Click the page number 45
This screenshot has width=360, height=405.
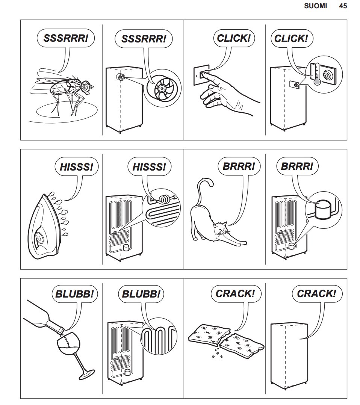[x=343, y=6]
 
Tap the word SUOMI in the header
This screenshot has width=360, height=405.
[x=316, y=6]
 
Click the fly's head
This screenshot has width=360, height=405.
[x=86, y=86]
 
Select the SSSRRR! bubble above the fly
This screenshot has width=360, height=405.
[x=66, y=38]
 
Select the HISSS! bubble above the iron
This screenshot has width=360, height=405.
[x=77, y=167]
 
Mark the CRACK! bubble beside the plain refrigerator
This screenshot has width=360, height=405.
[x=316, y=294]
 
